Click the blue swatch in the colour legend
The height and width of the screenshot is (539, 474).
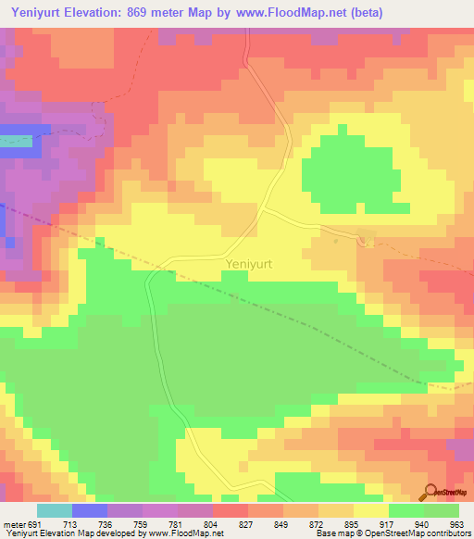click(90, 510)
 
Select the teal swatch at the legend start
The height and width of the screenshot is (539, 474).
click(55, 510)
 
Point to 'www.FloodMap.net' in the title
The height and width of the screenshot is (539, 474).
click(283, 13)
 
